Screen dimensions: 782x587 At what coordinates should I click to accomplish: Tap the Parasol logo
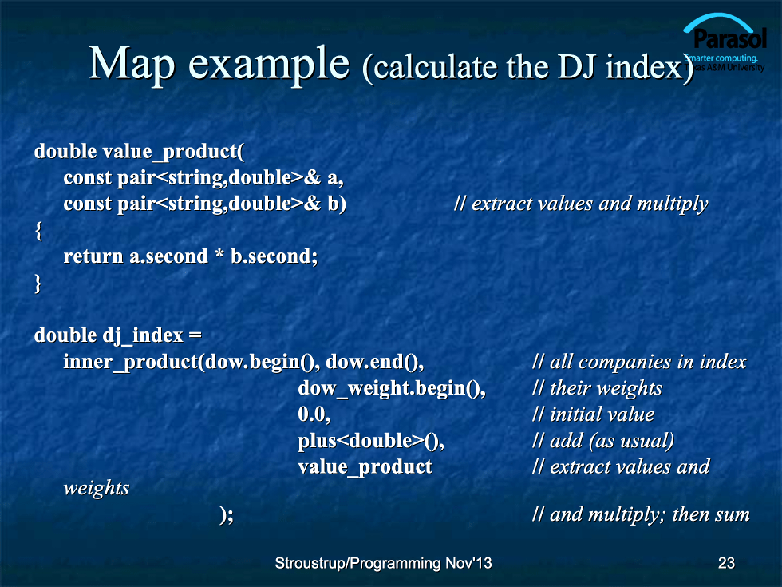pos(725,43)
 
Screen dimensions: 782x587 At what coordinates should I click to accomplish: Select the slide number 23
pos(726,563)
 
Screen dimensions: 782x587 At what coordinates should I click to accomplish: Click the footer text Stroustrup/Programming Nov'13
pos(383,563)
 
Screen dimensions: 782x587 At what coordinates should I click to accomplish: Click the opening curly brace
pos(38,231)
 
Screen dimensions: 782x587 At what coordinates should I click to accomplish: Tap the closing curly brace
pos(38,284)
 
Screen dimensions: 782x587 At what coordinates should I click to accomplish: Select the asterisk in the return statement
pos(219,255)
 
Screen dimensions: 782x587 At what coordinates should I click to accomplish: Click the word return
pos(93,256)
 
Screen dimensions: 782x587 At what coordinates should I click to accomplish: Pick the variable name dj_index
pos(143,335)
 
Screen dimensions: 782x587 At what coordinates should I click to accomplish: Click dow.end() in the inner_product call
pos(374,362)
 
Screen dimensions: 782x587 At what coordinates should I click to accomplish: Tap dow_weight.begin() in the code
pos(392,388)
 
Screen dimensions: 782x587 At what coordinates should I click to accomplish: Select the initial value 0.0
pos(314,414)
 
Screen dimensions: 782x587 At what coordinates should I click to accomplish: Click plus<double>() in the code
pos(371,441)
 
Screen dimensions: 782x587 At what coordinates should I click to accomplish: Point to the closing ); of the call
pos(226,514)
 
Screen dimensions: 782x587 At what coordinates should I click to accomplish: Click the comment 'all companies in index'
pos(639,362)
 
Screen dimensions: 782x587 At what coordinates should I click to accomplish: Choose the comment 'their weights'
pos(597,388)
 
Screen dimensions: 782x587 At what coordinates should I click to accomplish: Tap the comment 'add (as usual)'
pos(603,441)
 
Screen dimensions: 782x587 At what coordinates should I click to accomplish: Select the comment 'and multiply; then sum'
pos(641,514)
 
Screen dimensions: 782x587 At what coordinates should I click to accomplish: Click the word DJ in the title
pos(577,67)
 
